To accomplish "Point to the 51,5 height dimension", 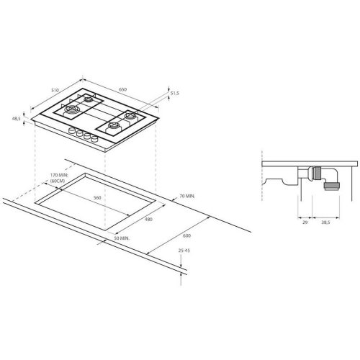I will tap(174, 93).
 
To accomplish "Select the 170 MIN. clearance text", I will tap(61, 175).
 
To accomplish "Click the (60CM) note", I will tap(60, 182).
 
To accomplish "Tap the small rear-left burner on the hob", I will tap(87, 99).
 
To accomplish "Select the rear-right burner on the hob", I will tap(132, 116).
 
